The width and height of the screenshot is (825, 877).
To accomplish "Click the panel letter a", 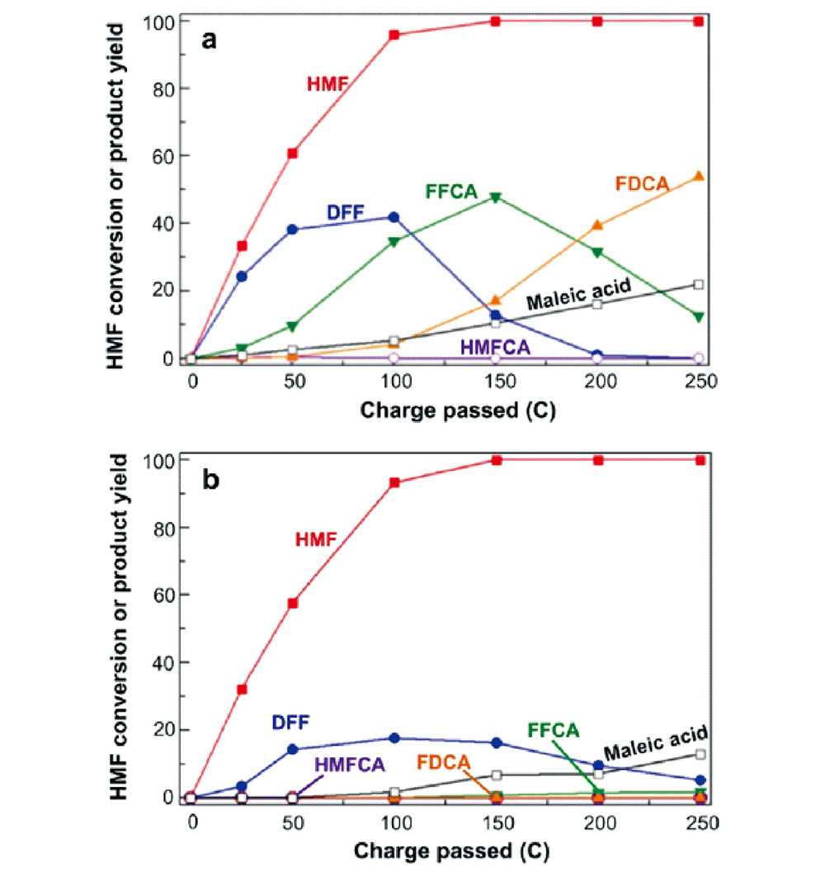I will point(211,40).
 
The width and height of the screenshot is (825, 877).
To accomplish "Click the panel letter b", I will point(211,481).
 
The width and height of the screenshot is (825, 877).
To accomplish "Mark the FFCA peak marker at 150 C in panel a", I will point(496,198).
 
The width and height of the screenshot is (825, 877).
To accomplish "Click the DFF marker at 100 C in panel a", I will point(394,217).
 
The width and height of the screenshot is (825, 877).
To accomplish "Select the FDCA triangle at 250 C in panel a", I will point(699,177).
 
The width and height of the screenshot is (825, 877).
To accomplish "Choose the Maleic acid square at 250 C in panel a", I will point(699,285).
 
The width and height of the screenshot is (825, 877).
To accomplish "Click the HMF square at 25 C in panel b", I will point(242,690).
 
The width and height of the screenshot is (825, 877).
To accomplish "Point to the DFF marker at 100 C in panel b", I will point(394,737).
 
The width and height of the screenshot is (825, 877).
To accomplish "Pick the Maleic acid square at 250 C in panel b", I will point(700,754).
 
